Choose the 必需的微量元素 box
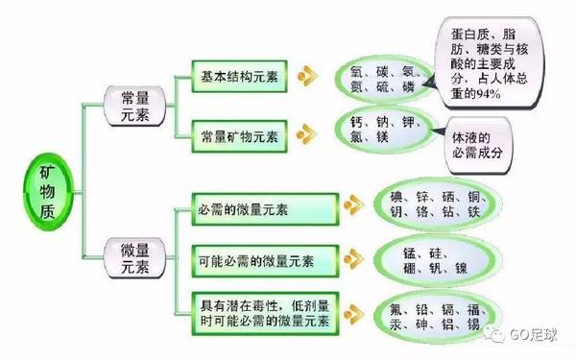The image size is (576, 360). [254, 207]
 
